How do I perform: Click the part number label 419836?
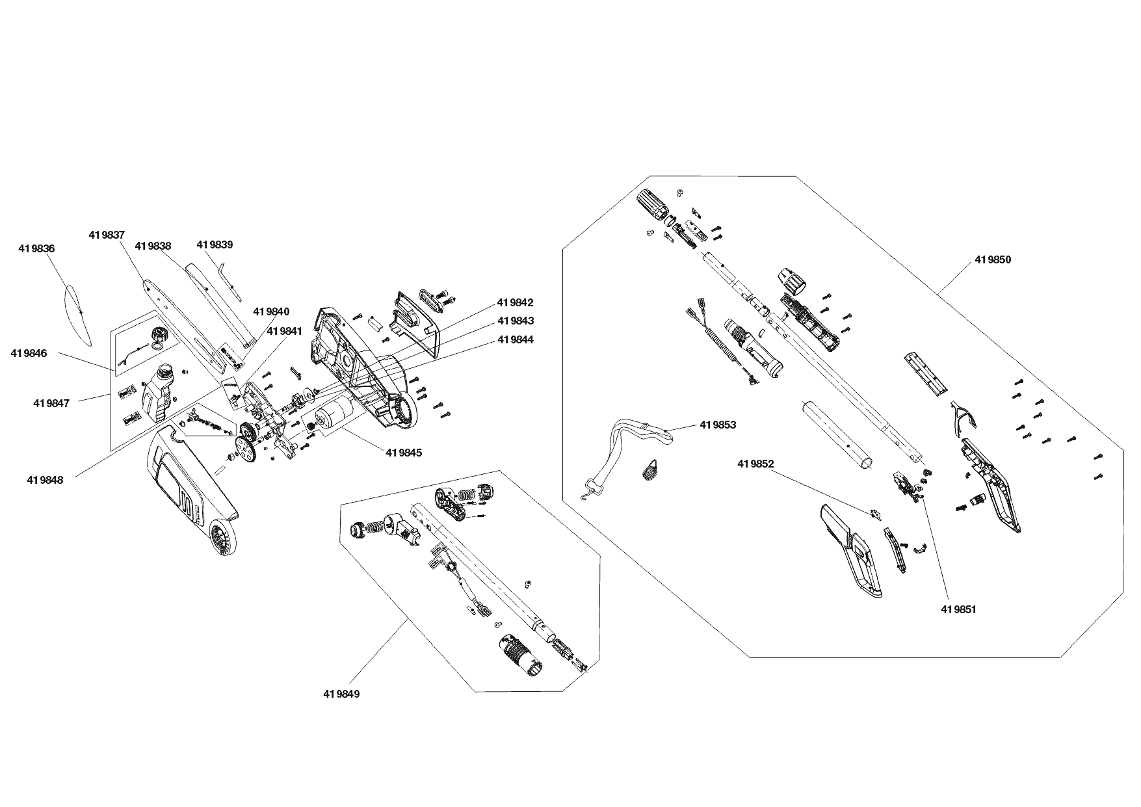pos(36,248)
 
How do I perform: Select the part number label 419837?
pos(107,235)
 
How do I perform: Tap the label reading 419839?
pos(215,245)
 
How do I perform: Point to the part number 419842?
pos(515,302)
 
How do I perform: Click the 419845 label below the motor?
pos(404,453)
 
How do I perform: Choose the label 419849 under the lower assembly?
pos(341,694)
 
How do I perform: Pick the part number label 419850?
pos(993,259)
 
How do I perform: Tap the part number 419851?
pos(959,609)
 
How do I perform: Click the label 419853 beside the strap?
pos(718,425)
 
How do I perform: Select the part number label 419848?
pos(45,480)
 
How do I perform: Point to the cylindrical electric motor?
pos(333,412)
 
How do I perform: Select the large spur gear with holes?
pos(245,449)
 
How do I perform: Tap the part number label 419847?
pos(51,403)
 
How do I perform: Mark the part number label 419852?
pos(755,464)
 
